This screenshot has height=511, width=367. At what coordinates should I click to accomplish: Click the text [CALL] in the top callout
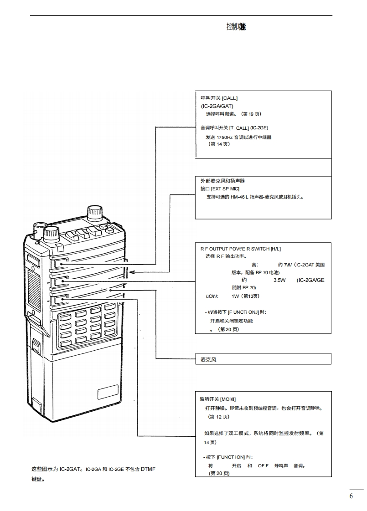[x=230, y=98]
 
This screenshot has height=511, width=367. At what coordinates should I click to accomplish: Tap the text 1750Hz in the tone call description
[x=224, y=137]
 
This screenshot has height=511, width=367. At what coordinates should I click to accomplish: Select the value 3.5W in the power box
[x=279, y=280]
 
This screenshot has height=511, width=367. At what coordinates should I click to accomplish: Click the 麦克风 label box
[x=209, y=360]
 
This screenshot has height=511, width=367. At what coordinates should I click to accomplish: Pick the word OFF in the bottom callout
[x=263, y=466]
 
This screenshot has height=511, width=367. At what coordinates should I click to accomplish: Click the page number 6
[x=351, y=496]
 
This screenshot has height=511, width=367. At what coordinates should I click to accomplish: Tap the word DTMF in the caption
[x=148, y=469]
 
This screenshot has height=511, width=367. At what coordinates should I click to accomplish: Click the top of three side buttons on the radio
[x=61, y=263]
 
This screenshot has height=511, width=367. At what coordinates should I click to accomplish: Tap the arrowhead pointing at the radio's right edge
[x=131, y=272]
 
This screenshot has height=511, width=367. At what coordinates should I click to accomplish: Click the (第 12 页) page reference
[x=218, y=417]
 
